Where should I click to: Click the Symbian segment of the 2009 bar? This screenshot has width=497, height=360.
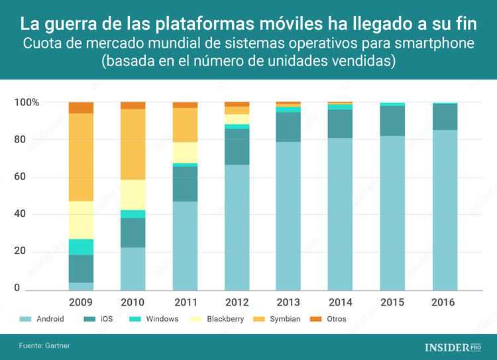(81, 157)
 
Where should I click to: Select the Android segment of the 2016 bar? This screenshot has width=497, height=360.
(444, 210)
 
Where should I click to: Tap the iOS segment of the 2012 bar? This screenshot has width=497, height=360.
(237, 147)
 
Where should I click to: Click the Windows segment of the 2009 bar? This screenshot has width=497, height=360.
(81, 247)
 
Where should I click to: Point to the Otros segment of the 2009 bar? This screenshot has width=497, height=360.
(81, 108)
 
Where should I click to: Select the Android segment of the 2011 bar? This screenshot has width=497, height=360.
(185, 246)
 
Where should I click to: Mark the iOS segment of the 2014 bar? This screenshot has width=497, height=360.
(341, 124)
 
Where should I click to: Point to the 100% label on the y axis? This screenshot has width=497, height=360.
(27, 103)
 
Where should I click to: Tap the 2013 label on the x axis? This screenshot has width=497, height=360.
(288, 302)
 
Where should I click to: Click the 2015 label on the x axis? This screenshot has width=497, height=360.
(392, 302)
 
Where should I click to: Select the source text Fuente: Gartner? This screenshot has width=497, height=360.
(44, 346)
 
